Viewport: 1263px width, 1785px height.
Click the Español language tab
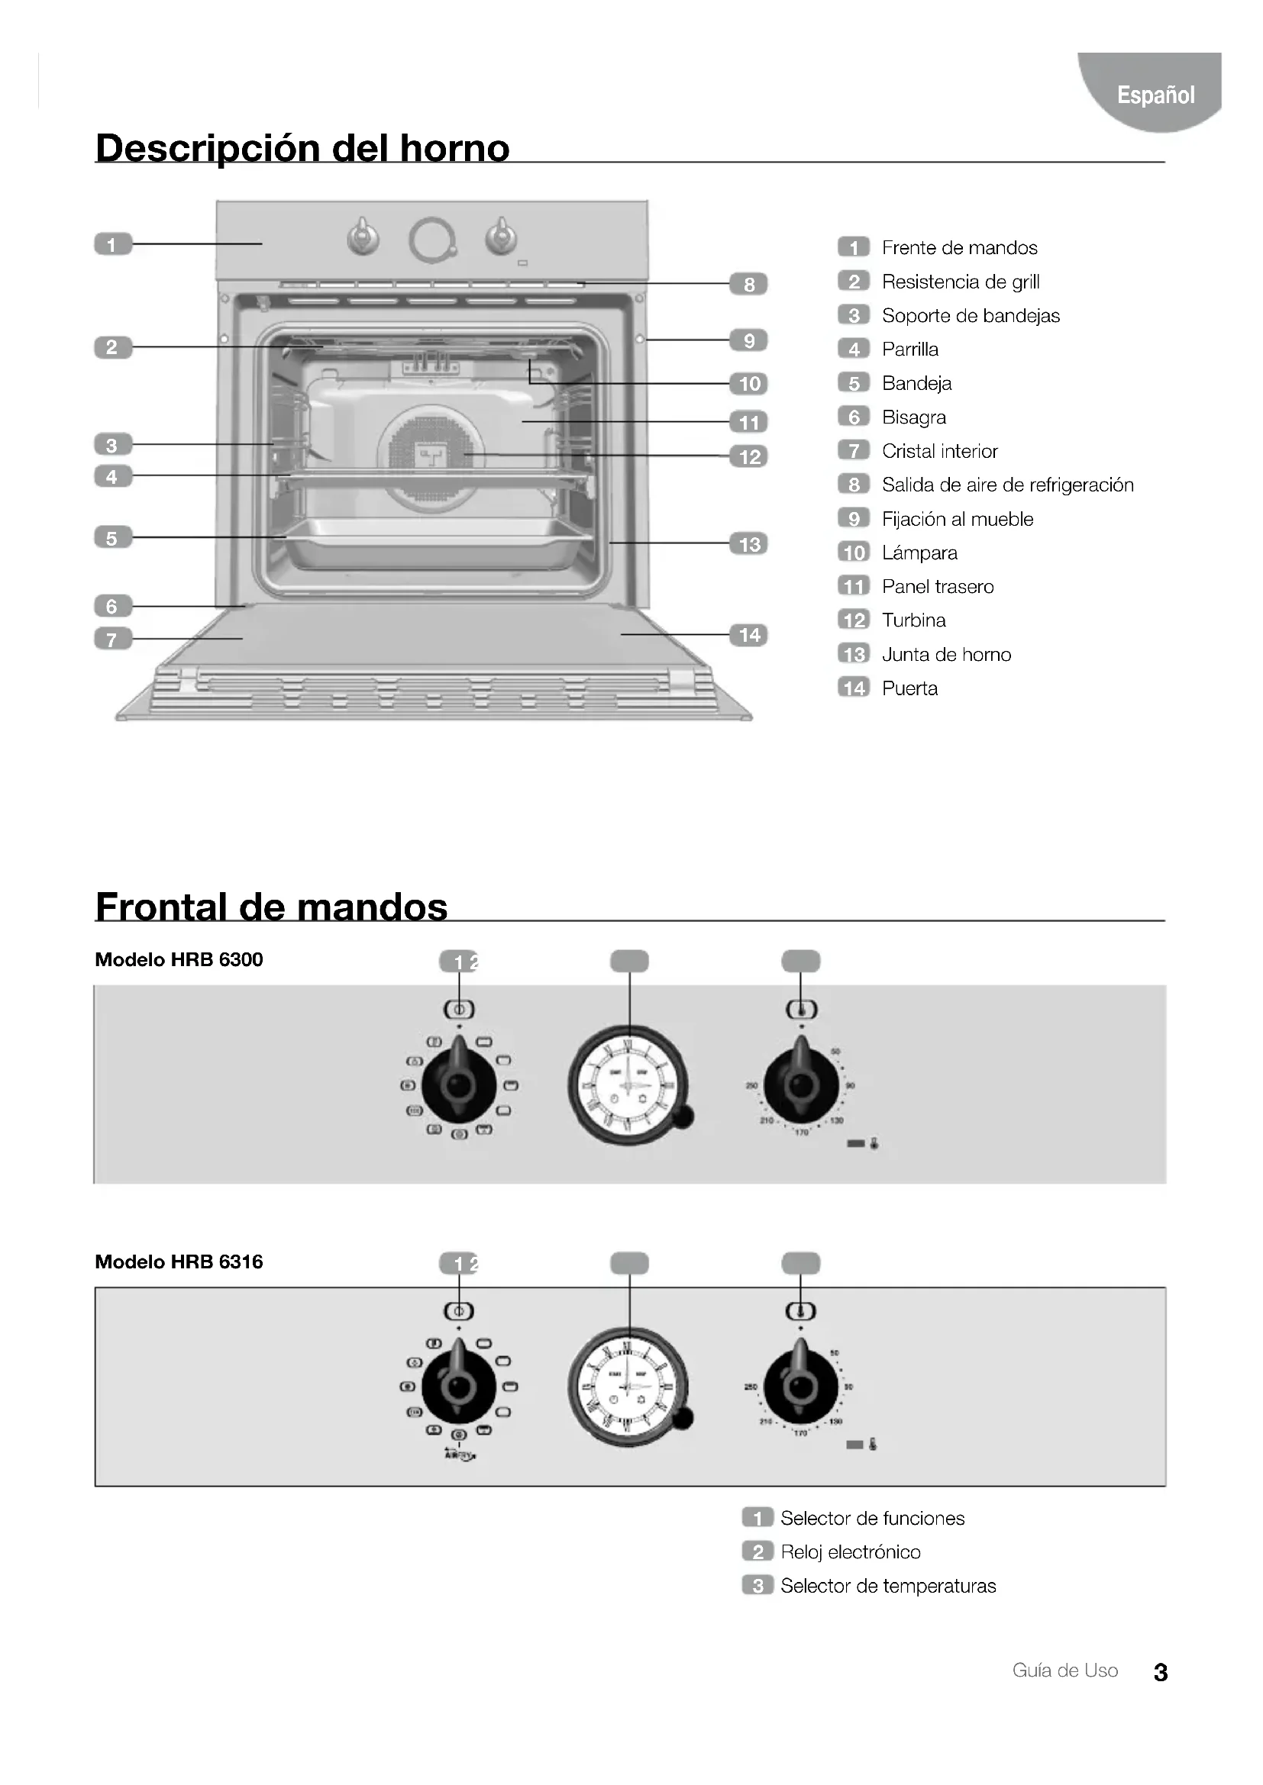tap(1155, 95)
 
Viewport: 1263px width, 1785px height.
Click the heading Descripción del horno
tap(302, 148)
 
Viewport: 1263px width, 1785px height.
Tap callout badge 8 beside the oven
tap(748, 285)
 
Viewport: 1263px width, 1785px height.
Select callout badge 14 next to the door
tap(749, 635)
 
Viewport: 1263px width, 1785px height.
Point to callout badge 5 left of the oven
tap(113, 538)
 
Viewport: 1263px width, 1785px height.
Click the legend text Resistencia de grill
tap(961, 282)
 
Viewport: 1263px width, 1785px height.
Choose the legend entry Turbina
tap(914, 620)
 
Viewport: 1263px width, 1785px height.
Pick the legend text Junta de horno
tap(946, 655)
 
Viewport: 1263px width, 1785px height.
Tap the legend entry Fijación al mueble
tap(958, 520)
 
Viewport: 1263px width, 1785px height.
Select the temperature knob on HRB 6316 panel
tap(800, 1386)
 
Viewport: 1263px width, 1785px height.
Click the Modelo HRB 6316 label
tap(179, 1261)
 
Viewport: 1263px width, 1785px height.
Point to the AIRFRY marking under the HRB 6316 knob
tap(460, 1455)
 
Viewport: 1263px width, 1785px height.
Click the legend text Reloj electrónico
tap(850, 1552)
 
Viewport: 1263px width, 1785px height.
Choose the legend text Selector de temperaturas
tap(888, 1586)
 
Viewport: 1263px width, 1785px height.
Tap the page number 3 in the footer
tap(1161, 1672)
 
